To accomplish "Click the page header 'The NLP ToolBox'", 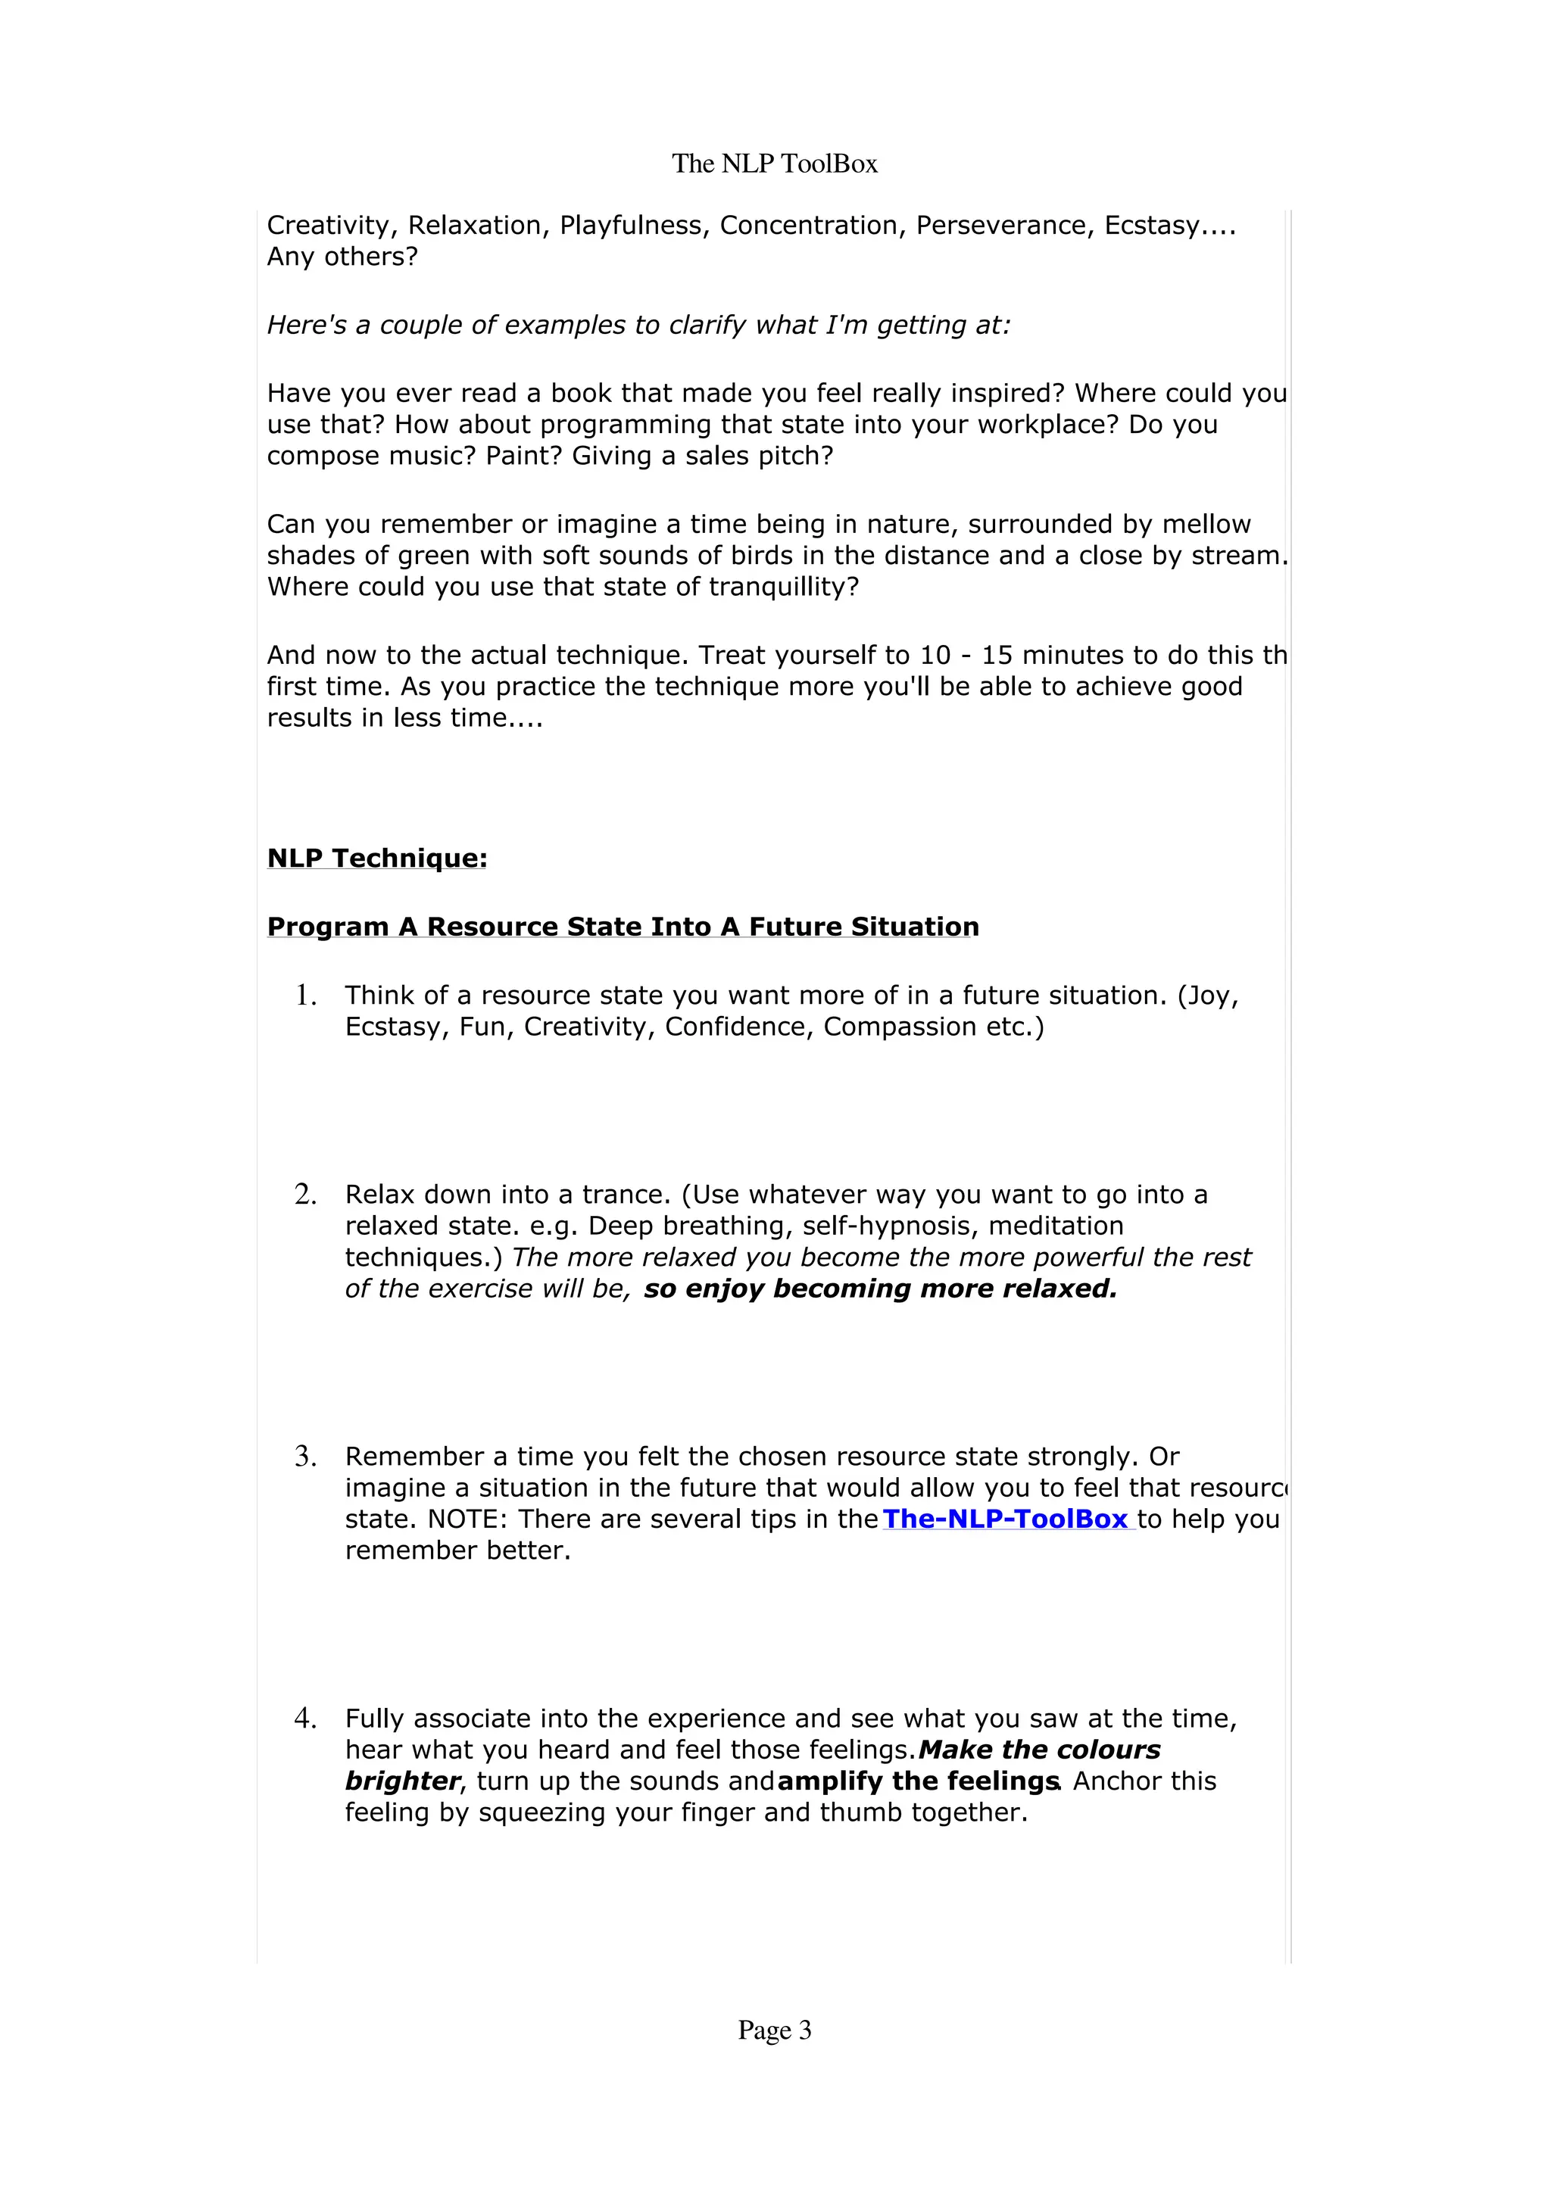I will [x=774, y=164].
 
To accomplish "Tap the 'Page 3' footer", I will [x=774, y=2030].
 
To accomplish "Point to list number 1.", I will [x=305, y=995].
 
